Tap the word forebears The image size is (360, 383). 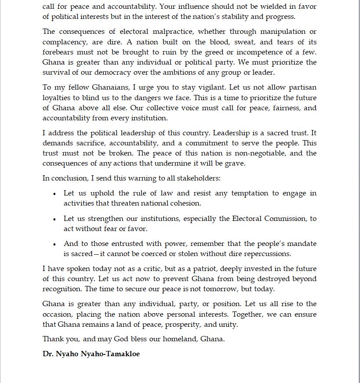(58, 52)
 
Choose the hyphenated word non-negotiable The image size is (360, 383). (261, 153)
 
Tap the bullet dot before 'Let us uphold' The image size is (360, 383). (54, 194)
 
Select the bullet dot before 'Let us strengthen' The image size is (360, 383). (54, 219)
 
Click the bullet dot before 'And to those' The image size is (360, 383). (54, 244)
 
